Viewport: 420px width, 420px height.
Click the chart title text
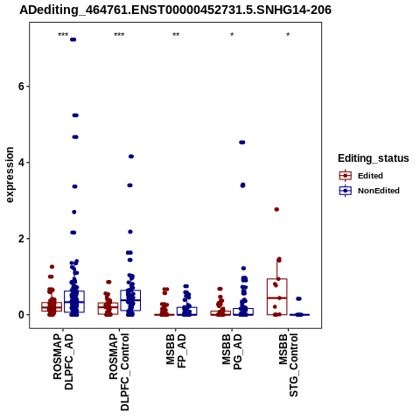click(x=175, y=10)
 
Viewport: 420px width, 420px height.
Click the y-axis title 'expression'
click(x=10, y=175)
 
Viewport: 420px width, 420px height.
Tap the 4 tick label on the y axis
click(x=22, y=163)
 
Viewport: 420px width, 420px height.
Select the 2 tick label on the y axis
click(x=22, y=239)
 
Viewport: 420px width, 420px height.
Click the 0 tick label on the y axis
click(x=22, y=315)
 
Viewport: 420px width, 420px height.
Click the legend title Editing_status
click(x=374, y=158)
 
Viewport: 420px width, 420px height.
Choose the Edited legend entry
click(x=360, y=176)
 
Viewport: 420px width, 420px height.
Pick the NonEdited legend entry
click(x=369, y=191)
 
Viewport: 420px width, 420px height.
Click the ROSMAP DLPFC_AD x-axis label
click(x=63, y=361)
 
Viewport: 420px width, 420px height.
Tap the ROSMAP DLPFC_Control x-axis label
click(x=119, y=372)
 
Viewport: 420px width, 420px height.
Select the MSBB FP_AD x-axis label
click(x=176, y=351)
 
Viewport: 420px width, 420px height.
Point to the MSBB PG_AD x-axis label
click(x=232, y=352)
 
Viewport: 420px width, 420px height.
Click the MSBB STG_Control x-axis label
click(x=288, y=365)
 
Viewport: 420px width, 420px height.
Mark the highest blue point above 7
click(x=73, y=39)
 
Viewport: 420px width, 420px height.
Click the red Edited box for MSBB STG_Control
click(x=277, y=297)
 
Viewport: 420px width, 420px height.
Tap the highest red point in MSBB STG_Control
click(x=276, y=209)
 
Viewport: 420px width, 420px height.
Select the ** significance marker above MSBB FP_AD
click(x=176, y=35)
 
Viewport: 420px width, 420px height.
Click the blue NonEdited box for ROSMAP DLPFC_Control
click(x=130, y=300)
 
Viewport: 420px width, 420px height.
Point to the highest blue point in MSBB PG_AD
click(x=242, y=143)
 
